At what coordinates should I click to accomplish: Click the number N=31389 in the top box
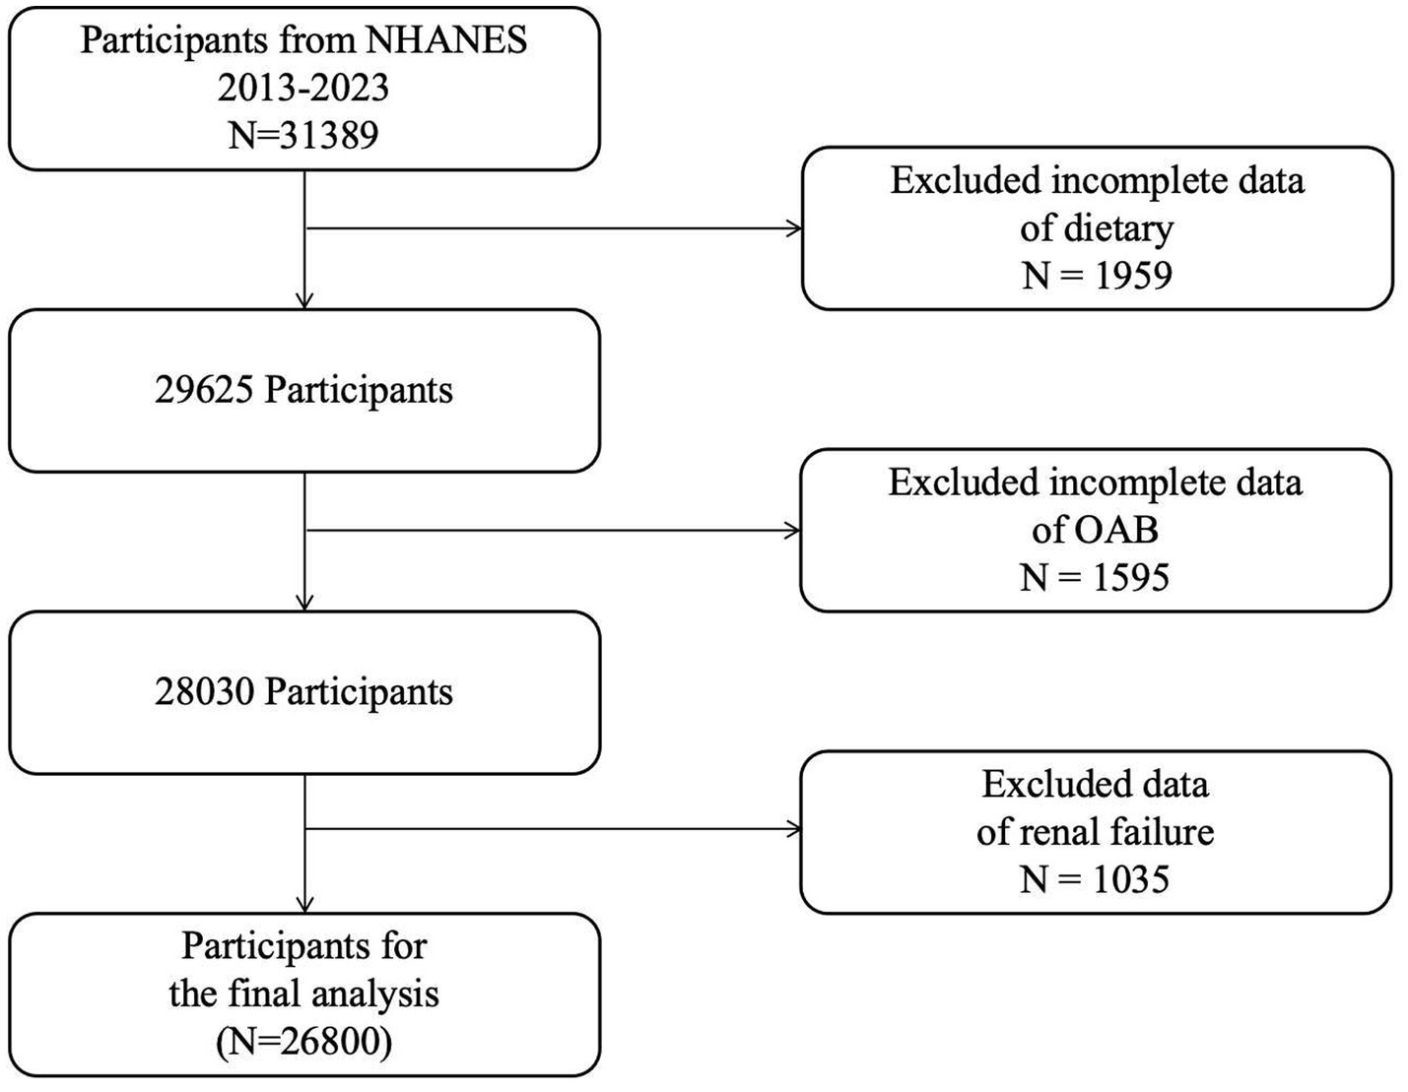pyautogui.click(x=303, y=135)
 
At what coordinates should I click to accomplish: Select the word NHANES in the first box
pyautogui.click(x=446, y=40)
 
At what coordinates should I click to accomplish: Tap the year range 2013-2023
pyautogui.click(x=303, y=88)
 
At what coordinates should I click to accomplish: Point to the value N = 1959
pyautogui.click(x=1097, y=275)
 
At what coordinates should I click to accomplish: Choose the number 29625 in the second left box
pyautogui.click(x=204, y=390)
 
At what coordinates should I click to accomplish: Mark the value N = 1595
pyautogui.click(x=1095, y=577)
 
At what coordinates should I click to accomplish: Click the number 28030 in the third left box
pyautogui.click(x=204, y=692)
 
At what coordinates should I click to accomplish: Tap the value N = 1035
pyautogui.click(x=1095, y=878)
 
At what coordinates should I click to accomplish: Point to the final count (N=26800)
pyautogui.click(x=303, y=1041)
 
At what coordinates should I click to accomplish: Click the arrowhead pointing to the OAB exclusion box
pyautogui.click(x=792, y=532)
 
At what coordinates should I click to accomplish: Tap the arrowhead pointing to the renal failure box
pyautogui.click(x=792, y=830)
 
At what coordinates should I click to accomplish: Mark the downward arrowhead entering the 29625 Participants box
pyautogui.click(x=305, y=300)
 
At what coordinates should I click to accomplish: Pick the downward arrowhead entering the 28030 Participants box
pyautogui.click(x=305, y=603)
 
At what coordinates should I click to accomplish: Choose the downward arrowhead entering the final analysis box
pyautogui.click(x=305, y=904)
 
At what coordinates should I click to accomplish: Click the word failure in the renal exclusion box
pyautogui.click(x=1156, y=832)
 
